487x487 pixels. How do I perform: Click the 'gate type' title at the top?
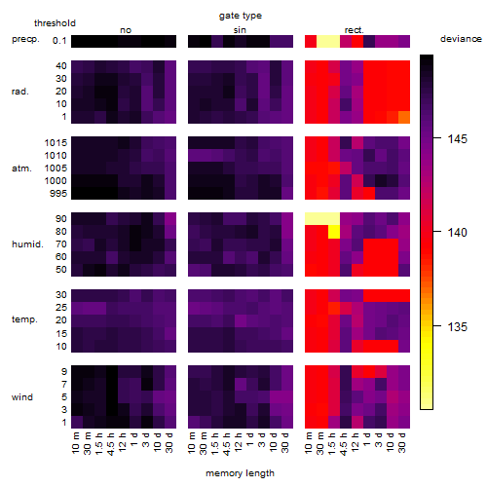(241, 16)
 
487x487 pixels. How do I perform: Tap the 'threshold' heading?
(55, 23)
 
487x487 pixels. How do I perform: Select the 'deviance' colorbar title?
(461, 39)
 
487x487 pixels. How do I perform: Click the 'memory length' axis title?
(241, 473)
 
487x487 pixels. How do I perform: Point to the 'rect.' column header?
(355, 30)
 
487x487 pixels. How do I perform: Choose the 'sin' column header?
(240, 30)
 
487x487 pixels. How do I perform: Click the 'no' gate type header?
(126, 30)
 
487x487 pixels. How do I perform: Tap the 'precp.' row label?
(25, 39)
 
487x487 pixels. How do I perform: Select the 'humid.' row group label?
(27, 244)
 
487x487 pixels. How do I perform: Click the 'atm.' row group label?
(21, 169)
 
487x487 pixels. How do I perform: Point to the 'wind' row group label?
(22, 397)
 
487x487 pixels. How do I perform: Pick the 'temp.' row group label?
(24, 319)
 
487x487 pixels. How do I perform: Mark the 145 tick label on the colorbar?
(457, 139)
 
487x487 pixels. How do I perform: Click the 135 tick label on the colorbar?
(457, 326)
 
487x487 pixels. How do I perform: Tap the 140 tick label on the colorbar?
(457, 233)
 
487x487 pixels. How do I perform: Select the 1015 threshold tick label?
(56, 143)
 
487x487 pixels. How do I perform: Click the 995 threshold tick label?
(58, 194)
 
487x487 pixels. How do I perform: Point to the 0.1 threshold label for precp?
(59, 41)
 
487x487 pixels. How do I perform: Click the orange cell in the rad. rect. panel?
(404, 117)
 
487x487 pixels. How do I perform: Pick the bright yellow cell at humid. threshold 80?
(334, 232)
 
